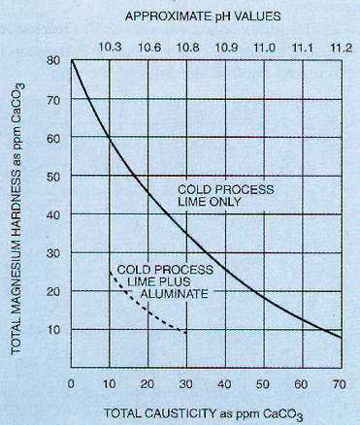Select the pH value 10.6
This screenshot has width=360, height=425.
point(148,46)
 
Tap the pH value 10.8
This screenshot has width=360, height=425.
point(186,46)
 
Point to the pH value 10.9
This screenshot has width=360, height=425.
point(225,46)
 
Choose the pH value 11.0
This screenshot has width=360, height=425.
point(264,46)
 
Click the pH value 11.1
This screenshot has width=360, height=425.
point(302,46)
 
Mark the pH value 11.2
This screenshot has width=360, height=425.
point(340,46)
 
